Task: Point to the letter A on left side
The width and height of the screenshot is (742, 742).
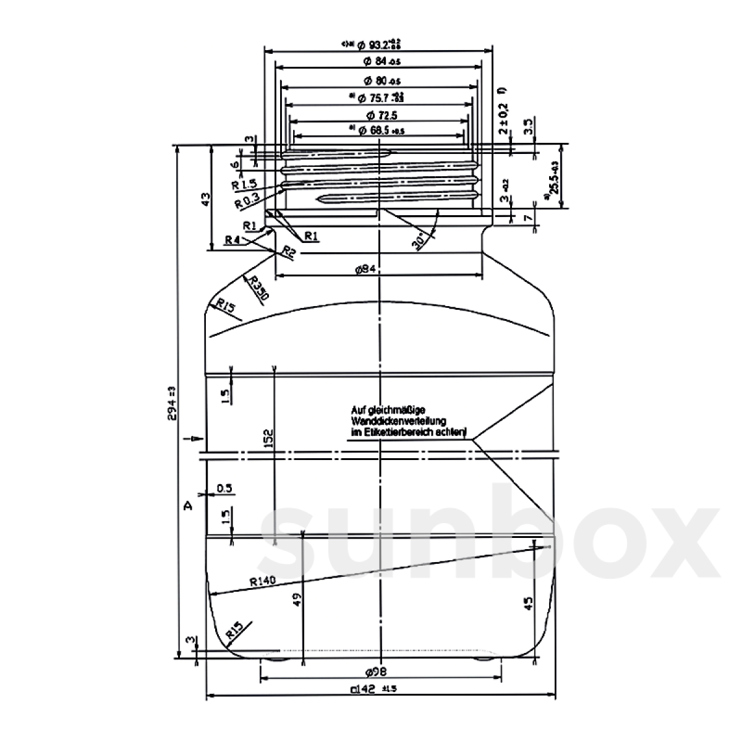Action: [189, 506]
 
